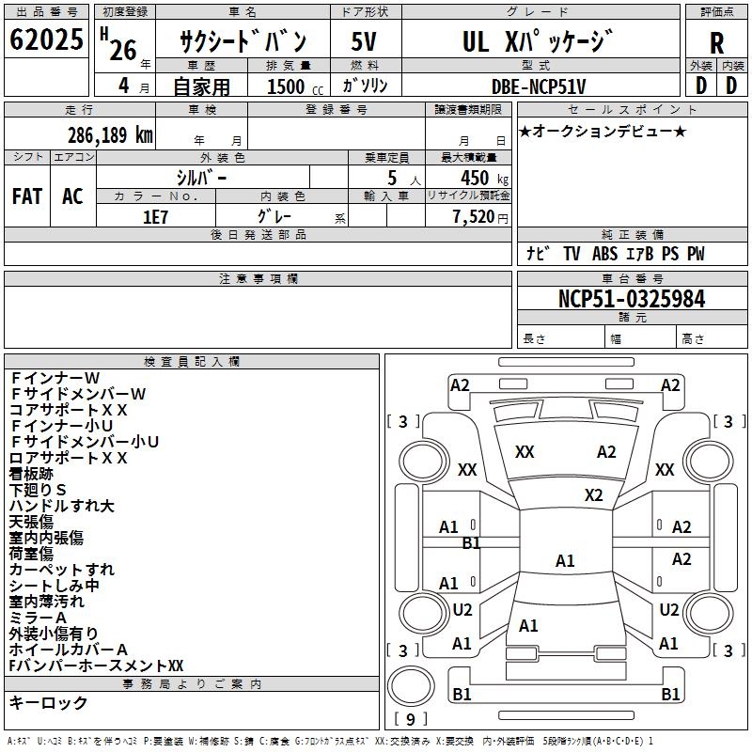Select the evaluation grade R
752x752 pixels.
click(716, 43)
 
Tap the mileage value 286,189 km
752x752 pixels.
click(110, 133)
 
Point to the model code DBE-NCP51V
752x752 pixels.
click(539, 86)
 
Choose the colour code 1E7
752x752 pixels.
click(155, 215)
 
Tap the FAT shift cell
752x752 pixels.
click(27, 196)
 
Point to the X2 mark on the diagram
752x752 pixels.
click(593, 494)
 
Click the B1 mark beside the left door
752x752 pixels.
click(471, 542)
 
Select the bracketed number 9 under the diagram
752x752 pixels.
click(410, 719)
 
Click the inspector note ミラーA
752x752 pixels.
click(38, 617)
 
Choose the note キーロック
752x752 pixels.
click(48, 702)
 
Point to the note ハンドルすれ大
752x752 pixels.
click(61, 506)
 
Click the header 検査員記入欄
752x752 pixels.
click(192, 361)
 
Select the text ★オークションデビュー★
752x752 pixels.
click(602, 131)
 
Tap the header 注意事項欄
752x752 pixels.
click(258, 278)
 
